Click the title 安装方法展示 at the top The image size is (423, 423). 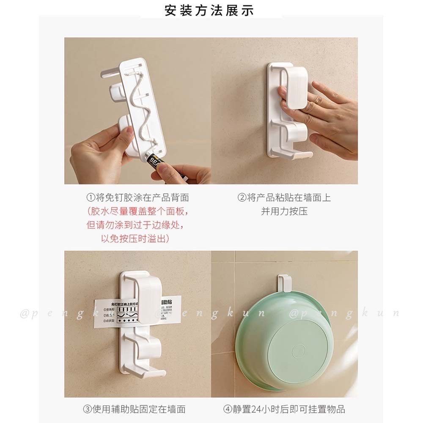click(210, 11)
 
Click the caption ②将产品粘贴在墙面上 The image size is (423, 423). click(284, 198)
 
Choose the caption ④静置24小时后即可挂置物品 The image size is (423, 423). click(285, 409)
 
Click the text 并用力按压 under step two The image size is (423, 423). click(284, 211)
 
